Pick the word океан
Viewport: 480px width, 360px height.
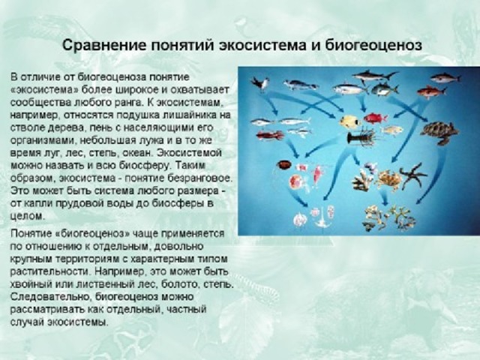(x=140, y=153)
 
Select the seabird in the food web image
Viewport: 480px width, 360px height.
(x=260, y=83)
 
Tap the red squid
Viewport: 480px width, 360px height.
(x=270, y=134)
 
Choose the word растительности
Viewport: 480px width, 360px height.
(x=50, y=271)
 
